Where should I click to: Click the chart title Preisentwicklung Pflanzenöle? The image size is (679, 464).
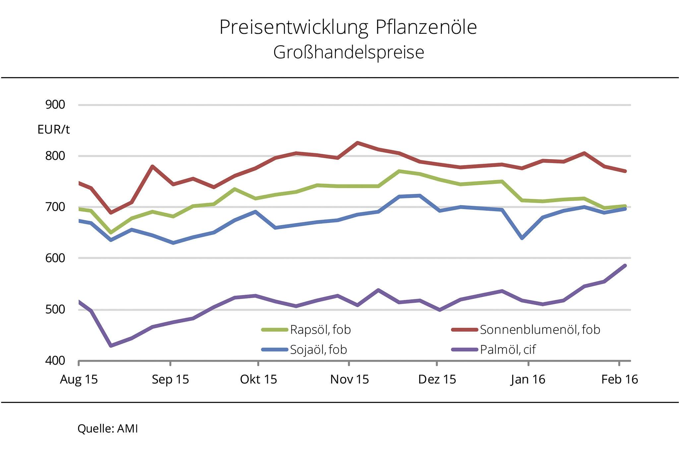tap(348, 27)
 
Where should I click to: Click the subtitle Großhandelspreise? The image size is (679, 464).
tap(348, 52)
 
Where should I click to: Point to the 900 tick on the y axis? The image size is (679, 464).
tap(55, 105)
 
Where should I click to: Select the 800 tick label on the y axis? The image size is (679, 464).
tap(55, 156)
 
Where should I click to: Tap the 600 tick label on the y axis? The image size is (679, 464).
tap(55, 258)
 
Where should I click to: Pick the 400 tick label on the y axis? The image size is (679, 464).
tap(55, 361)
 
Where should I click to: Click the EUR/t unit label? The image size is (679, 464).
tap(53, 129)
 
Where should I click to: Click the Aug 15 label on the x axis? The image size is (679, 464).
tap(79, 379)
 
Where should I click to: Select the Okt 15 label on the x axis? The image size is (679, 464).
tap(258, 379)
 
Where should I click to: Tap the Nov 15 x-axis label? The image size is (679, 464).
tap(349, 379)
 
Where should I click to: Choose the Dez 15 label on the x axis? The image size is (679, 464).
tap(437, 379)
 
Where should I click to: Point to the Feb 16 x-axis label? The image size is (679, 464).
tap(619, 379)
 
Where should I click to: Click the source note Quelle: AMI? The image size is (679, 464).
tap(107, 429)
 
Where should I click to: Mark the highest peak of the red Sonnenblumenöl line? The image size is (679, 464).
tap(357, 143)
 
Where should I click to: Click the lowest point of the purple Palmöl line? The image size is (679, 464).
tap(111, 346)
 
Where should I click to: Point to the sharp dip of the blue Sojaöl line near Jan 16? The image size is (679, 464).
tap(523, 238)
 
